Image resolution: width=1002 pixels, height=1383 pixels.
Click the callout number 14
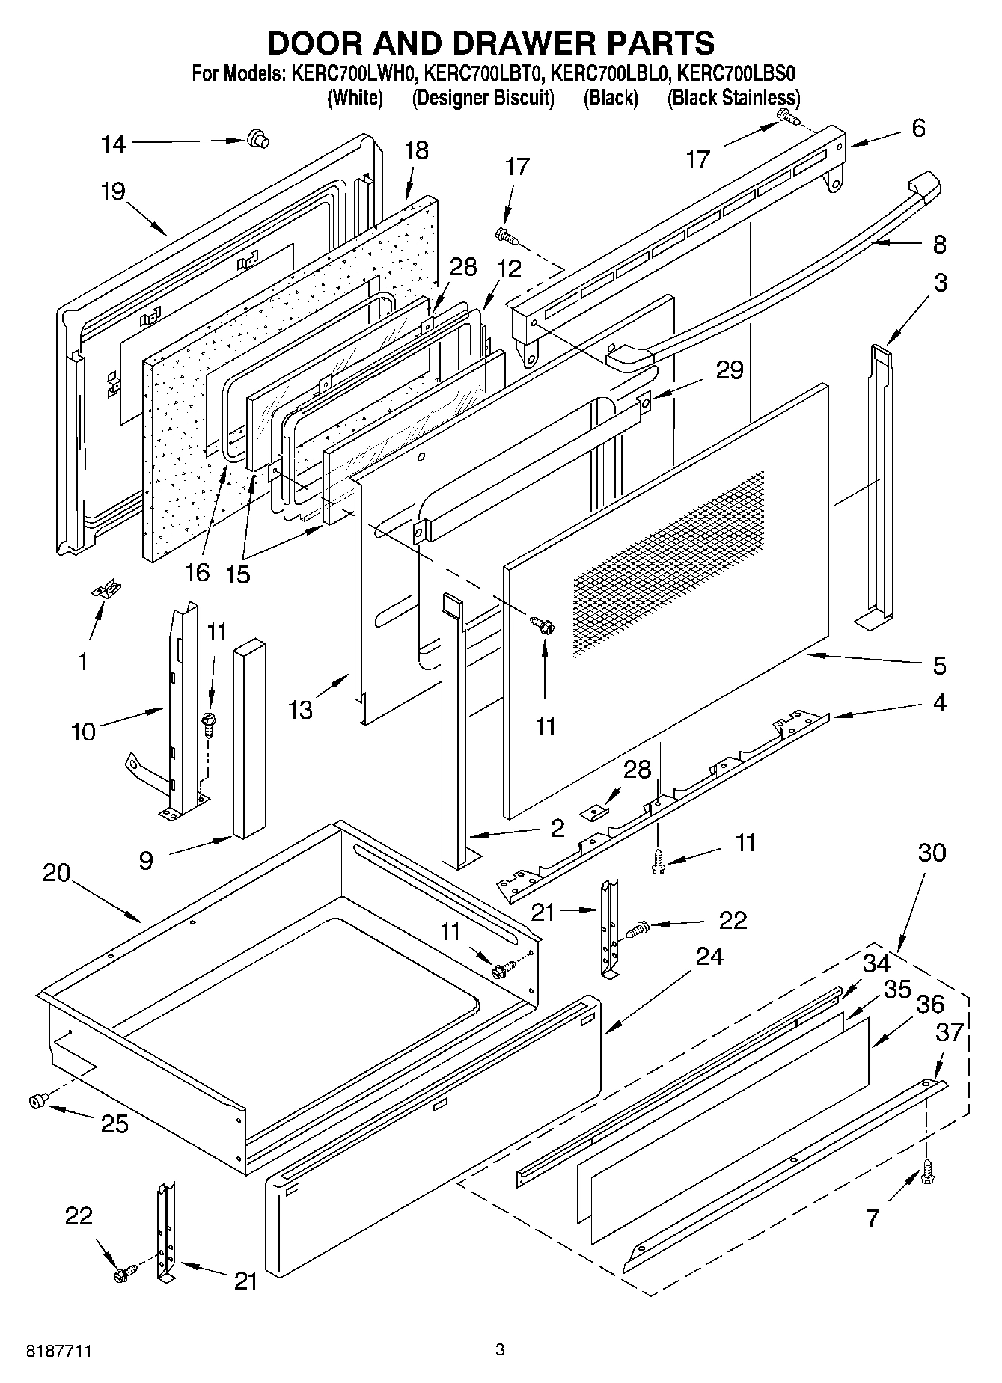[x=114, y=144]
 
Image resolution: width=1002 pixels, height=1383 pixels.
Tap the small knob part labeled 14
[x=257, y=139]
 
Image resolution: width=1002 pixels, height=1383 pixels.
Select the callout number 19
[x=113, y=192]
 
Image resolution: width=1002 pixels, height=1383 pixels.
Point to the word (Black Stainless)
[x=733, y=98]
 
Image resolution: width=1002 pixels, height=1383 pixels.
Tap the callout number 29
[x=730, y=369]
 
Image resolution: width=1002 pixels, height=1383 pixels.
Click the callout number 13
[x=301, y=709]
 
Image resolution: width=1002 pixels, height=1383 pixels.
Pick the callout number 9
[x=145, y=860]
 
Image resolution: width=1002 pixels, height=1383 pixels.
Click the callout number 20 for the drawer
[x=56, y=873]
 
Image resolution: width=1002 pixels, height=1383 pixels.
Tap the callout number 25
[x=114, y=1123]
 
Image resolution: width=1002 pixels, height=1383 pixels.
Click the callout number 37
[x=950, y=1032]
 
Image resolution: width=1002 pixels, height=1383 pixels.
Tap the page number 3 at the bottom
[x=500, y=1349]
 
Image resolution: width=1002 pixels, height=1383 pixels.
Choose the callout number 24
[x=708, y=956]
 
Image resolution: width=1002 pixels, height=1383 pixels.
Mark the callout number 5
[x=940, y=665]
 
